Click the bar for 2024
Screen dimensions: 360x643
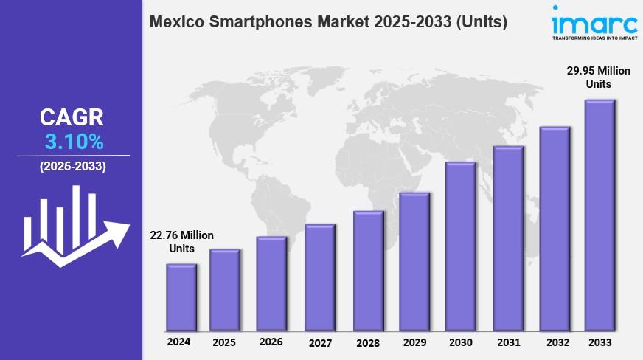click(x=181, y=297)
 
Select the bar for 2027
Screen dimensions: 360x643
click(x=319, y=277)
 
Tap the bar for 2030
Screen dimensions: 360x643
click(x=461, y=246)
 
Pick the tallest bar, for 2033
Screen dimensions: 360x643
click(x=599, y=215)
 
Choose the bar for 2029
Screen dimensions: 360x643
click(x=414, y=262)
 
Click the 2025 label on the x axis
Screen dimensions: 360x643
click(x=224, y=342)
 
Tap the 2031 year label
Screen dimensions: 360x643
click(x=507, y=342)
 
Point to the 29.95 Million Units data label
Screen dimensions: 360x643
click(x=599, y=77)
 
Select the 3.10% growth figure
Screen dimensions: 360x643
click(x=71, y=142)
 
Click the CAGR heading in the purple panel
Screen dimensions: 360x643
click(x=72, y=117)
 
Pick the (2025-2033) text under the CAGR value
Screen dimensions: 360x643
click(x=72, y=167)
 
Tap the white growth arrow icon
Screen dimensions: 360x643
click(x=74, y=225)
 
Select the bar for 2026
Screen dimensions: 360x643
click(x=271, y=284)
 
